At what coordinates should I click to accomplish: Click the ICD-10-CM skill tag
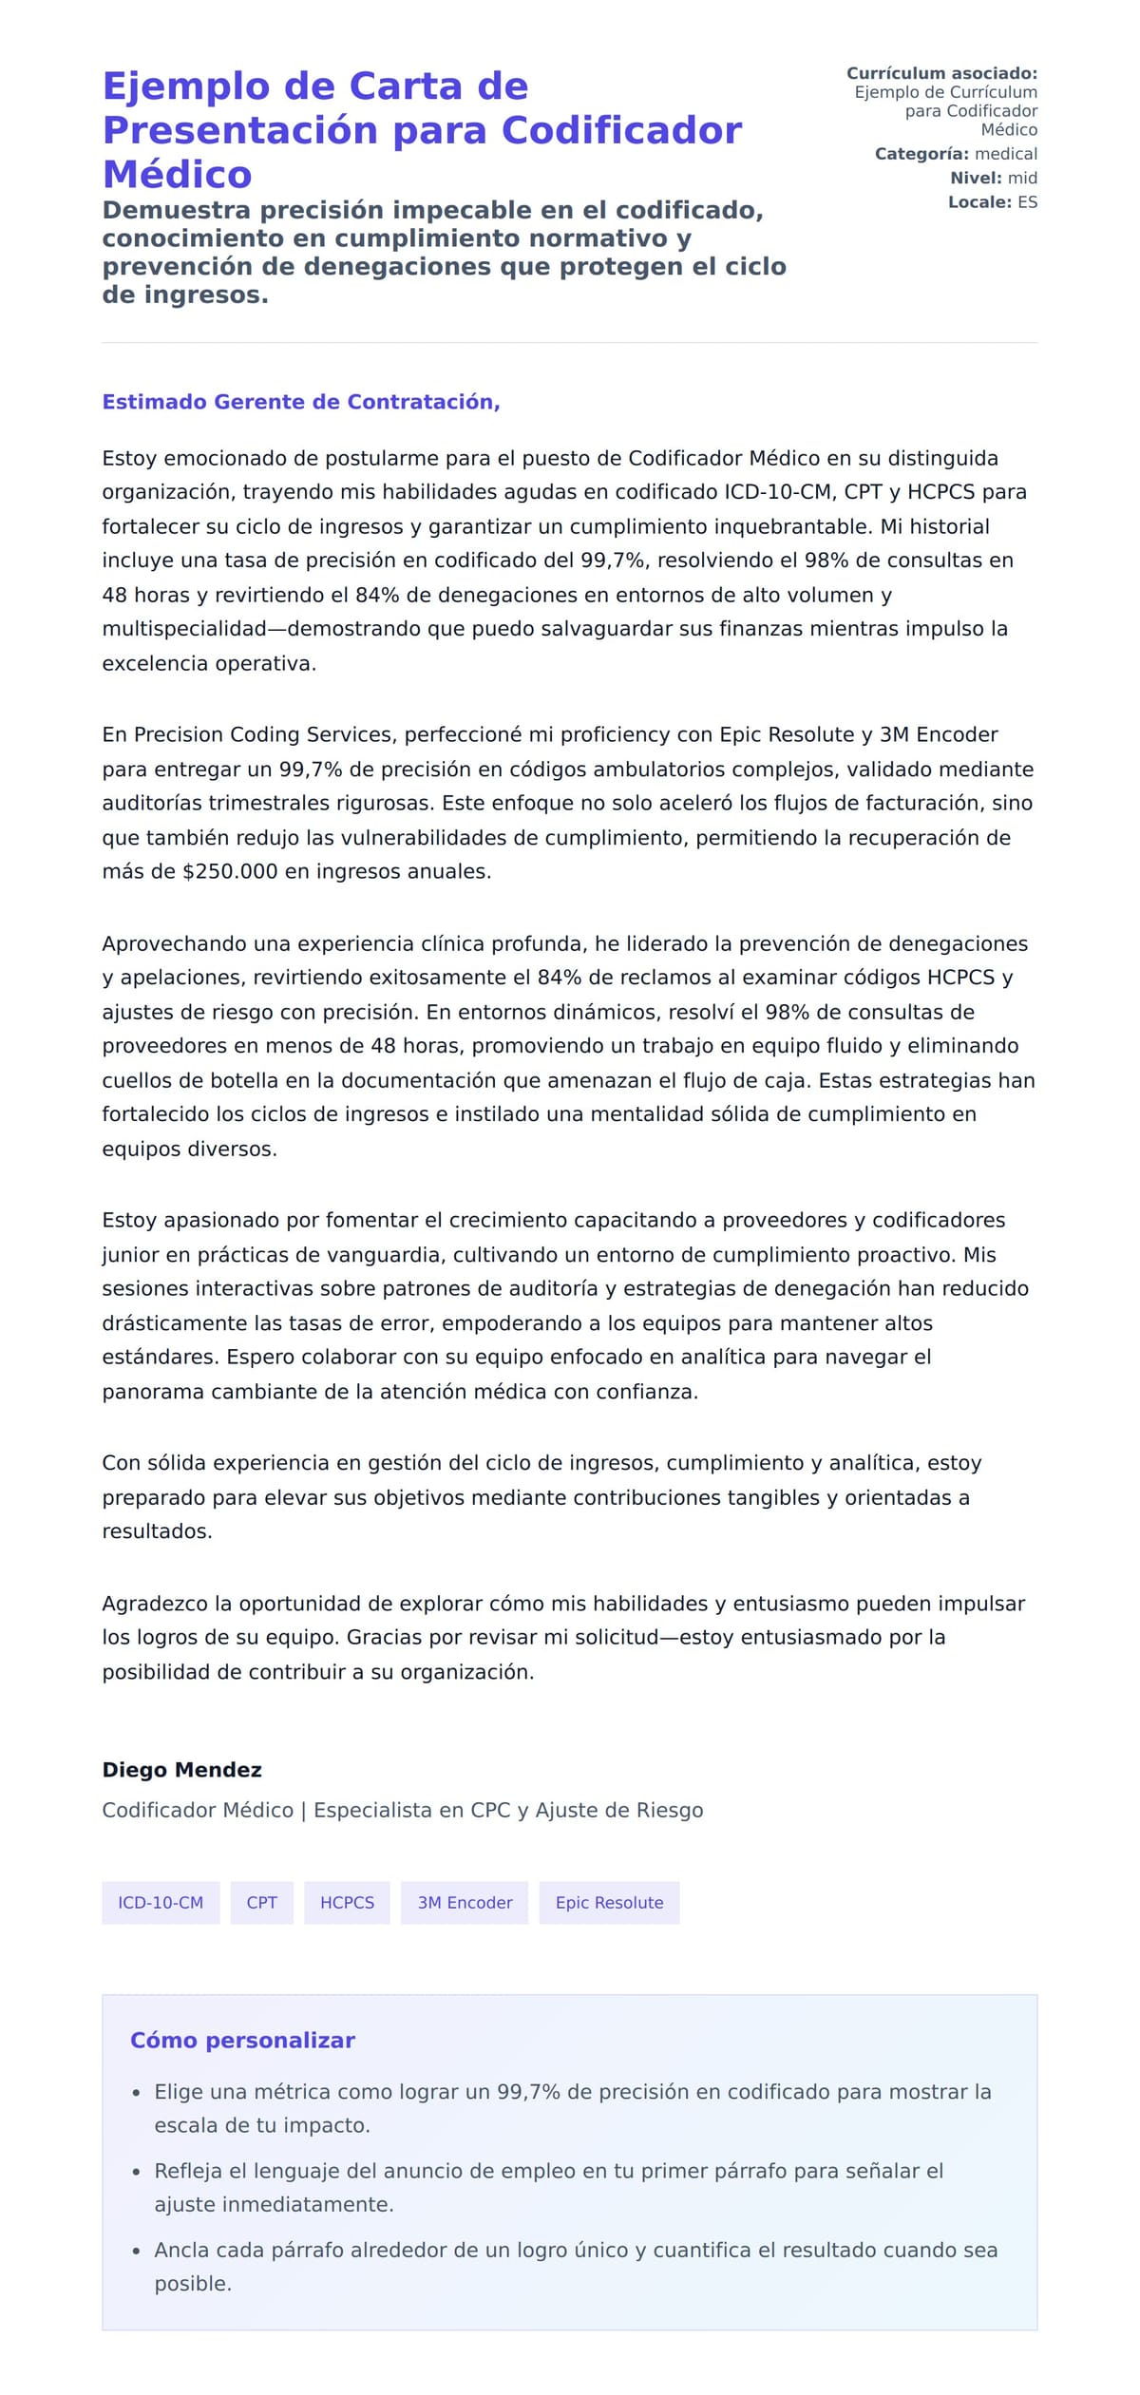161,1903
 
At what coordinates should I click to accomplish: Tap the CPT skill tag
261,1903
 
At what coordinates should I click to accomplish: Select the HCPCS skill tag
347,1903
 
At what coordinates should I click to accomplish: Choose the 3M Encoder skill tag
465,1903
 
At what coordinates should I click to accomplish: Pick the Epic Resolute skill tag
609,1903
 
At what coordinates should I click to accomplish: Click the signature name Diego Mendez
181,1770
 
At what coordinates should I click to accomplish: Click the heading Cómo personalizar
242,2041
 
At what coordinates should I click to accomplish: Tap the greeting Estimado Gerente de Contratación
300,402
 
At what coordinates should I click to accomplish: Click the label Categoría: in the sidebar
921,154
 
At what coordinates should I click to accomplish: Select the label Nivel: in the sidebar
976,178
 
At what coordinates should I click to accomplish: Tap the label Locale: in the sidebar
979,202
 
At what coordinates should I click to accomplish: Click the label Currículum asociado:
941,73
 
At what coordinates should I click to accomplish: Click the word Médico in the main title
177,175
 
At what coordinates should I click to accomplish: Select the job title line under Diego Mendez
403,1811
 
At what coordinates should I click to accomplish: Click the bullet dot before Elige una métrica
136,2093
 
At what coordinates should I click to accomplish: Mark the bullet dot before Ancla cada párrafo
136,2252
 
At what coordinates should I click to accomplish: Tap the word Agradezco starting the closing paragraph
155,1605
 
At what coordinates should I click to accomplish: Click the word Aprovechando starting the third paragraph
170,944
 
